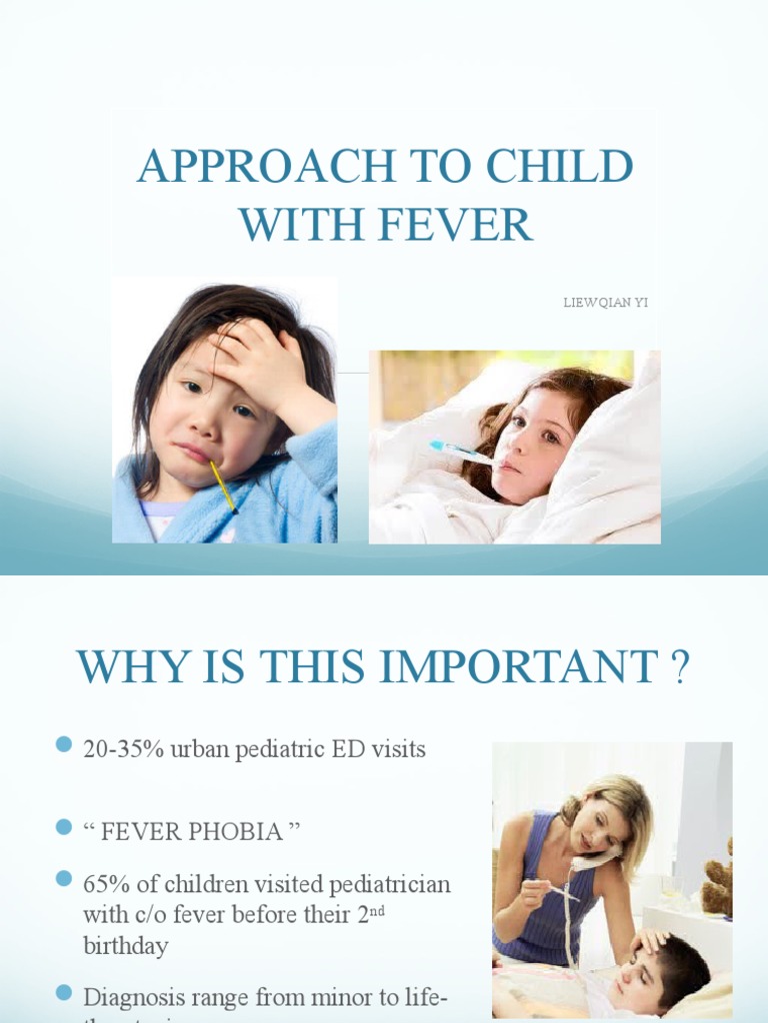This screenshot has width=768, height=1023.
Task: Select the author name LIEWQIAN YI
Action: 606,303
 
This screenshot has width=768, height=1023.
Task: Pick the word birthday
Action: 127,946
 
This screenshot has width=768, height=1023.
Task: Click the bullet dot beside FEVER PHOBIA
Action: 65,827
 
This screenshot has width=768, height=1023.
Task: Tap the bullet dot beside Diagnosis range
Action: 65,992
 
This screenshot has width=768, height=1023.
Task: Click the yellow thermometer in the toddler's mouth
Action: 224,487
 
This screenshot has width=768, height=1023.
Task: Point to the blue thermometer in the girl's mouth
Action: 460,453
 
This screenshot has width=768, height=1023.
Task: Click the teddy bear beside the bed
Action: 718,880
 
